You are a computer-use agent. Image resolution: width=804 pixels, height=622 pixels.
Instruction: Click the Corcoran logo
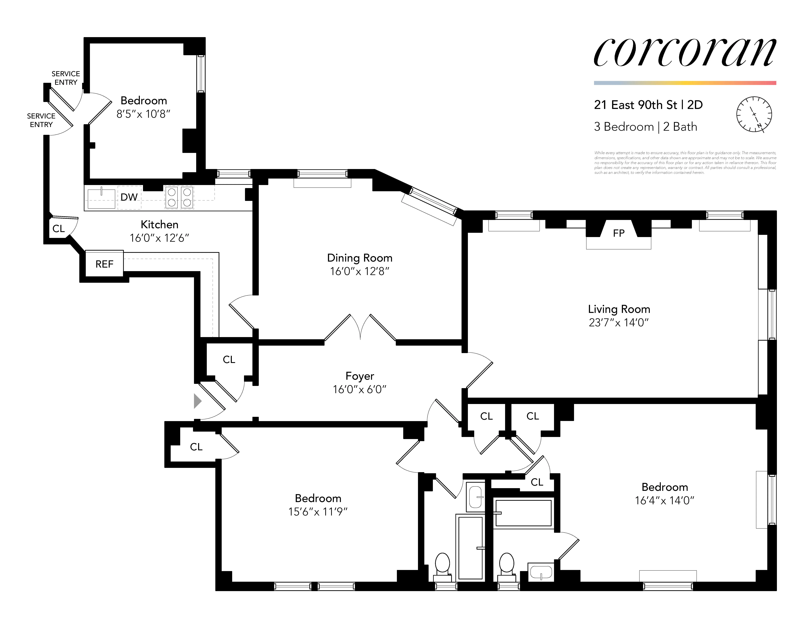(685, 53)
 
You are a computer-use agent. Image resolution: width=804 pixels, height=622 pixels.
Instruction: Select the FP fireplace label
(618, 233)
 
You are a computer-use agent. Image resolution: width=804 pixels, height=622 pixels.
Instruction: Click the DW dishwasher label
(129, 197)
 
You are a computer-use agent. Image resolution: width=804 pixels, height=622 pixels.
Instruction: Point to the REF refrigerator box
(104, 264)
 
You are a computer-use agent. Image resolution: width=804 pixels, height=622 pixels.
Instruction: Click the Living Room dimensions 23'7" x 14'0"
(618, 322)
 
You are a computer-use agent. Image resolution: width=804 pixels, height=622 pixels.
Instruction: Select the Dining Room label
(360, 258)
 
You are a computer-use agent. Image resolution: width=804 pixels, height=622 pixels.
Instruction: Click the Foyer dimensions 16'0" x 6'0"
(360, 389)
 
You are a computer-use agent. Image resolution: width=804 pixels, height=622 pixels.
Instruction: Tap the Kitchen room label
(159, 224)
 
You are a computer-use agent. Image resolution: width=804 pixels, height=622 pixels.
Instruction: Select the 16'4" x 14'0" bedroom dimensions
(664, 500)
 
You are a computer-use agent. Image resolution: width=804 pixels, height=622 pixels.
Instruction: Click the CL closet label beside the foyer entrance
(229, 360)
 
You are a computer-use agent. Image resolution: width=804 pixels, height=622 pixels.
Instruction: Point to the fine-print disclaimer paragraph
(685, 163)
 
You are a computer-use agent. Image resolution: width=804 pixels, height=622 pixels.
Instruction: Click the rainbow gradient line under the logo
(685, 83)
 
